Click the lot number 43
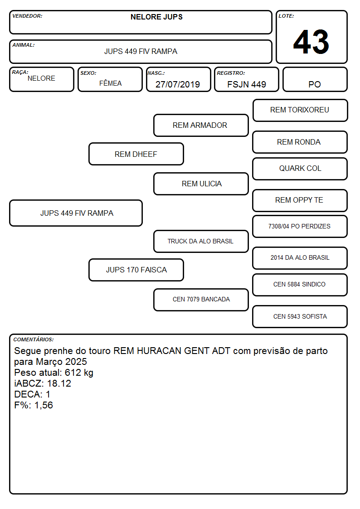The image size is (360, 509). pyautogui.click(x=311, y=42)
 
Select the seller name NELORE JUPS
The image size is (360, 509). pyautogui.click(x=156, y=17)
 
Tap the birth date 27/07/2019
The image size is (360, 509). pyautogui.click(x=178, y=84)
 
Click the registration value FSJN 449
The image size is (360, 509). pyautogui.click(x=247, y=84)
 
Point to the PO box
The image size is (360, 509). pyautogui.click(x=315, y=79)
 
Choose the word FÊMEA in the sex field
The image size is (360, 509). pyautogui.click(x=110, y=83)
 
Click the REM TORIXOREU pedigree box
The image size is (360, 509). pyautogui.click(x=300, y=111)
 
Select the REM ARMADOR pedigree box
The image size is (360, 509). pyautogui.click(x=201, y=125)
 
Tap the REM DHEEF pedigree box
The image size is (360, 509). pyautogui.click(x=136, y=154)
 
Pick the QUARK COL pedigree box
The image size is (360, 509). pyautogui.click(x=300, y=169)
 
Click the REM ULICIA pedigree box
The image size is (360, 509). pyautogui.click(x=201, y=184)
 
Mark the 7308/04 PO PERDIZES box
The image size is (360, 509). pyautogui.click(x=300, y=227)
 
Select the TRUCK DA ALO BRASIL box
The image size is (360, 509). pyautogui.click(x=201, y=242)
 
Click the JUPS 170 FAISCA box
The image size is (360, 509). pyautogui.click(x=136, y=270)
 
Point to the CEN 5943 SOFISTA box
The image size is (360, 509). pyautogui.click(x=300, y=317)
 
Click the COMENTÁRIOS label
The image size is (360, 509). pyautogui.click(x=34, y=339)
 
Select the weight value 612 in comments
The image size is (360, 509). pyautogui.click(x=73, y=372)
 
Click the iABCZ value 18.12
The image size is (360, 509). pyautogui.click(x=59, y=383)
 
